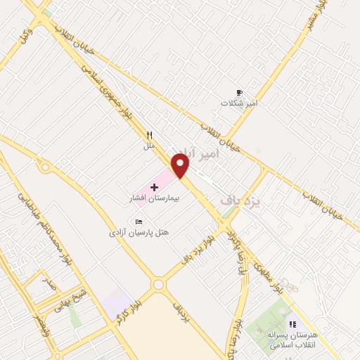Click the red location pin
pos(181,166)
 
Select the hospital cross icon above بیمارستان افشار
pos(154,187)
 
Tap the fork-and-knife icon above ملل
pos(149,135)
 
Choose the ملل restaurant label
pos(149,146)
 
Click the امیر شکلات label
pos(240,103)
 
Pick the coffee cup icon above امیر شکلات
pos(240,92)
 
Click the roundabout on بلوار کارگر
pos(158,285)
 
